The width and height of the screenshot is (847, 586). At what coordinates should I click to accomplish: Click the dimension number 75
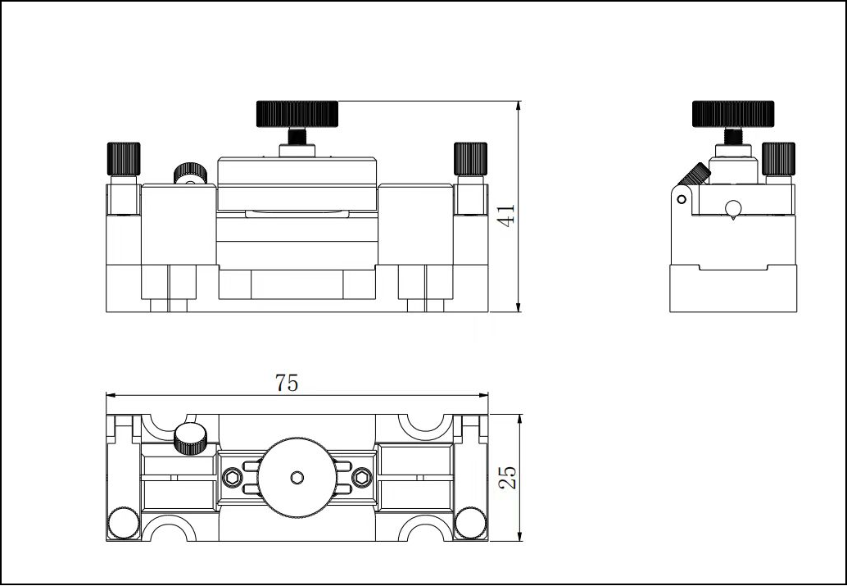point(287,382)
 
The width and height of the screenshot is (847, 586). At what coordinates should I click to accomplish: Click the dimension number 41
point(507,216)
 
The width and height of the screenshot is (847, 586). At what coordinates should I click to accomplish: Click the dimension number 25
point(508,477)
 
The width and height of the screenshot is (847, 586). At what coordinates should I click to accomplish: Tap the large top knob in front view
point(298,113)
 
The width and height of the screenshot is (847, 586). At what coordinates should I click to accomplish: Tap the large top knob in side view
point(733,113)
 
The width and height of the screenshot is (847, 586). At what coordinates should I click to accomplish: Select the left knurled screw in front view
point(124,157)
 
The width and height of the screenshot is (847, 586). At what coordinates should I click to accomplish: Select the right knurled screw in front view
point(470,157)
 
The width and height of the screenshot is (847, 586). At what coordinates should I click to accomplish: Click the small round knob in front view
point(189,174)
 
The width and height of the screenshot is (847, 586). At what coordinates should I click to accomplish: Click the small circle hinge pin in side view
point(680,198)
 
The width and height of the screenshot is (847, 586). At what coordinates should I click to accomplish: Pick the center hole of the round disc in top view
point(297,477)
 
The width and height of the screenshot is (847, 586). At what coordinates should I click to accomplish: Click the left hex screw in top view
point(233,477)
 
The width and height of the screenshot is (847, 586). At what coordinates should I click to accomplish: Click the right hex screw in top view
point(362,477)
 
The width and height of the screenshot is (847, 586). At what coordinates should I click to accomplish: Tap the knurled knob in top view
point(191,438)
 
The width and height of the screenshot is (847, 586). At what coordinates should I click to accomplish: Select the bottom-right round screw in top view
point(470,521)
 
